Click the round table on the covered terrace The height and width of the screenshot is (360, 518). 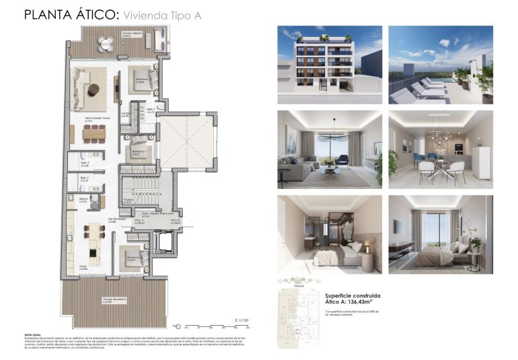(x=107, y=44)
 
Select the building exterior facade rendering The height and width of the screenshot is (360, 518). (x=330, y=65)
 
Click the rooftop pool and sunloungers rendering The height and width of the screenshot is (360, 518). (x=441, y=65)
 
